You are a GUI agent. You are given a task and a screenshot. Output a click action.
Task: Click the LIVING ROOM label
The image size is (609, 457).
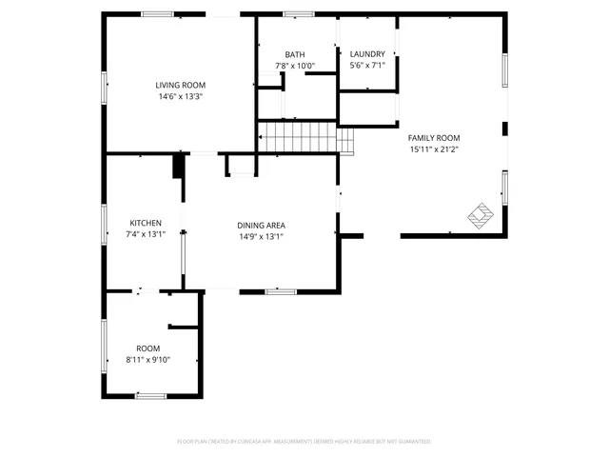181,85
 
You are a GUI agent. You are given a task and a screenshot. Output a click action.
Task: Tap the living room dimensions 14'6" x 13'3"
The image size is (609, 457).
181,96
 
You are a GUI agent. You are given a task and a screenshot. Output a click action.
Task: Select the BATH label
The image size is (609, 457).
294,54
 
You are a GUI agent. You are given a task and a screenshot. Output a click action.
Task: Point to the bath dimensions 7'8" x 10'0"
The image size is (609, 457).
294,66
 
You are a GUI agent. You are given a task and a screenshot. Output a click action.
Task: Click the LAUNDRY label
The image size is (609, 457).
367,54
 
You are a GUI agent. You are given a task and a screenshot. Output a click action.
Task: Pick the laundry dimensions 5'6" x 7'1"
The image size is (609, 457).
367,66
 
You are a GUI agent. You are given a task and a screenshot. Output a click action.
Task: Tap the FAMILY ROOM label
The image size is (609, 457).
434,138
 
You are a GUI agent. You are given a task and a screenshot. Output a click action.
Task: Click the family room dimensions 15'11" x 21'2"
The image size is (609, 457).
434,149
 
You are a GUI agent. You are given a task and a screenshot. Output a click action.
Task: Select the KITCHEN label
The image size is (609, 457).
146,223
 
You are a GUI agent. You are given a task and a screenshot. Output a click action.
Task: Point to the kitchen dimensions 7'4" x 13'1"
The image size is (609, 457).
146,234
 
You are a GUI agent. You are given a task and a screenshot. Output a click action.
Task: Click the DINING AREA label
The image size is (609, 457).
261,225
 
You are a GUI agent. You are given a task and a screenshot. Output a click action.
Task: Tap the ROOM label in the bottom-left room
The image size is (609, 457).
147,348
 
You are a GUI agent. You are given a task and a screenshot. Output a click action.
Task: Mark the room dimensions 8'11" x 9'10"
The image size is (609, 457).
147,360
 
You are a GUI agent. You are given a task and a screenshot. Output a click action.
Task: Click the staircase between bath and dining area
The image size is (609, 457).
299,137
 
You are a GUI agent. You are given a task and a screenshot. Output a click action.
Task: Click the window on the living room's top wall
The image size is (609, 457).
158,14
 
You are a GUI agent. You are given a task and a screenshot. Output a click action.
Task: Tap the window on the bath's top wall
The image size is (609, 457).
298,14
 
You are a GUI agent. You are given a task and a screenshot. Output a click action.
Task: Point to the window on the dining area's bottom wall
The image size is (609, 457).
281,291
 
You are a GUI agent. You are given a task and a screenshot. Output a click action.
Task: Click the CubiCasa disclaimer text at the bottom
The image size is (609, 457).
304,442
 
